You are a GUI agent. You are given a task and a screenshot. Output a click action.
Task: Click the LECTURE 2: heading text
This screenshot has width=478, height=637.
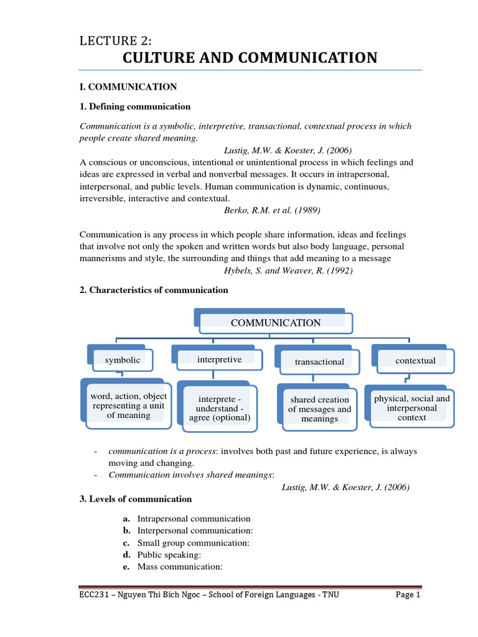(116, 41)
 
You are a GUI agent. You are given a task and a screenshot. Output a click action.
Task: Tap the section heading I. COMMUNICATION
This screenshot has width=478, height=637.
(128, 87)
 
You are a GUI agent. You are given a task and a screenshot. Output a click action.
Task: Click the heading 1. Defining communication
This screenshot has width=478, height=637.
(135, 106)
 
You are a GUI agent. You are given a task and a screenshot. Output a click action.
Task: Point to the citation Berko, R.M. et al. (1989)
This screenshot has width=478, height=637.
(272, 210)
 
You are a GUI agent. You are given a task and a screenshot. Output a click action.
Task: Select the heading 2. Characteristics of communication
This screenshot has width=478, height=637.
(154, 290)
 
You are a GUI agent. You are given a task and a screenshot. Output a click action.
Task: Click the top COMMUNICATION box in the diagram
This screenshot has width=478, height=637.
(276, 323)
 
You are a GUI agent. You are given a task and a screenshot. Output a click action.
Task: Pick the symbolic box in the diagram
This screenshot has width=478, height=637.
(123, 360)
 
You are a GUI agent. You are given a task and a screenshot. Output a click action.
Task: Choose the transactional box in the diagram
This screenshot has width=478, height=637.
(319, 361)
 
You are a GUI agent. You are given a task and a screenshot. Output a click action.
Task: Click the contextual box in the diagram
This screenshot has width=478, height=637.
(415, 361)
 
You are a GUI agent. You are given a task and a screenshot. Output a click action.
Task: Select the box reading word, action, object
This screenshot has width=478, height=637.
(128, 406)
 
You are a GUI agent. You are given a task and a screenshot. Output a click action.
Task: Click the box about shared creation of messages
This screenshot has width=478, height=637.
(319, 409)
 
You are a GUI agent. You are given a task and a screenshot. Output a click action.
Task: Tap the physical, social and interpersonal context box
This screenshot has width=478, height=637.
(411, 407)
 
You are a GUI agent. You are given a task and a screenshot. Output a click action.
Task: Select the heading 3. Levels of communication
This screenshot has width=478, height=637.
(136, 499)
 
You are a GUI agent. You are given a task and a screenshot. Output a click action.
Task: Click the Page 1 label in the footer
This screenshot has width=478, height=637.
(408, 595)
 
